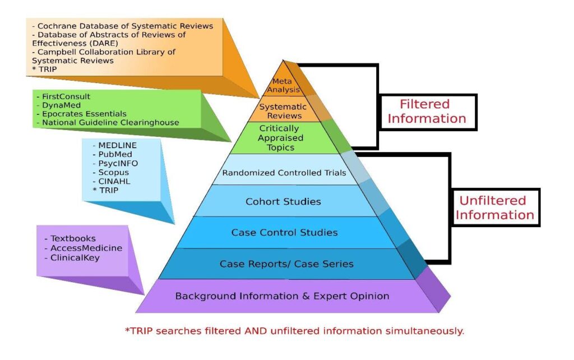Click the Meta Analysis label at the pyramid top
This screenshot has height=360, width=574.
click(286, 85)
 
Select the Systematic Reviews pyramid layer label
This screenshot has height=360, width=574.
click(286, 111)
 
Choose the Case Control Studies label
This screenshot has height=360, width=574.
click(284, 232)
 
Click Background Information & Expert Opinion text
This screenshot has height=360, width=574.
click(282, 296)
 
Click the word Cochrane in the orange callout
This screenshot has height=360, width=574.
click(58, 26)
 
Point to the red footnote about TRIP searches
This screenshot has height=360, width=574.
click(294, 330)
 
